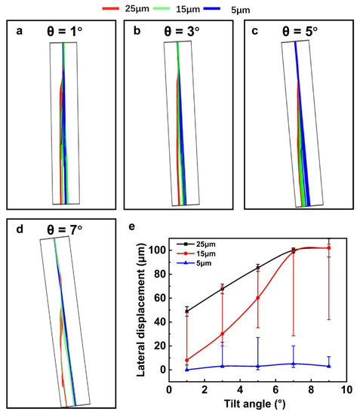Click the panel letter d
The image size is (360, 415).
[x=14, y=227]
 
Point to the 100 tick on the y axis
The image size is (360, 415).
[x=157, y=250]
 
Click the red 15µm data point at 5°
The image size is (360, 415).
[x=258, y=297]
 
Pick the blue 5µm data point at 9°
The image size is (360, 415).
[x=328, y=366]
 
